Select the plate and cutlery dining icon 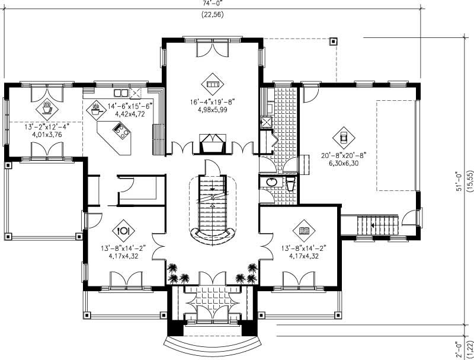click(x=124, y=228)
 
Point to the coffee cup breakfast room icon click(x=46, y=109)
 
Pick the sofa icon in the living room click(x=213, y=81)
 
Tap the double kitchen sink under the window click(x=121, y=93)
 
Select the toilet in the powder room click(x=290, y=184)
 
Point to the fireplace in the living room click(x=213, y=144)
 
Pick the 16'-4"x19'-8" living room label click(x=213, y=101)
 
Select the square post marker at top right click(x=333, y=42)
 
